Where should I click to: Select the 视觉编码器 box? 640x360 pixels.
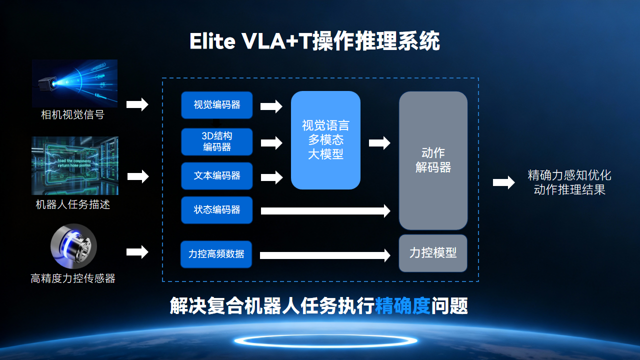click(217, 104)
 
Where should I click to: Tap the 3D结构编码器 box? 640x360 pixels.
click(217, 140)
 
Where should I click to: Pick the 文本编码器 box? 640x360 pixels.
click(217, 176)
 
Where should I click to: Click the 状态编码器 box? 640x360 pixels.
click(217, 210)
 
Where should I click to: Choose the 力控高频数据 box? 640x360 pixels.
click(217, 254)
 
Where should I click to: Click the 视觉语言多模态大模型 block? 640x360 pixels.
click(325, 140)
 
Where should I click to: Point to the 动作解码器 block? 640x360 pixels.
click(433, 160)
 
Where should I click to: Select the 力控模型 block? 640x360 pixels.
click(433, 254)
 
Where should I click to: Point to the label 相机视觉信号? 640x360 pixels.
click(73, 116)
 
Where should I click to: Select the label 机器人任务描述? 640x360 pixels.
click(73, 204)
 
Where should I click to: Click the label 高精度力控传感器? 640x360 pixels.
click(73, 278)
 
